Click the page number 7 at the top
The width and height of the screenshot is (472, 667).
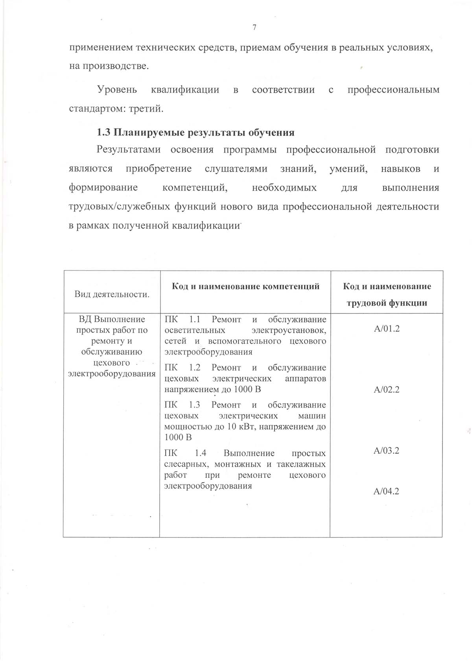point(254,27)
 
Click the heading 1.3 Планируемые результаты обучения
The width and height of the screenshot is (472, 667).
point(195,132)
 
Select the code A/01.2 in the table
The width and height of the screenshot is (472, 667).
point(387,329)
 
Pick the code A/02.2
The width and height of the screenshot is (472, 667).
point(387,390)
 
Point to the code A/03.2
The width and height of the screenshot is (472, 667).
point(386,451)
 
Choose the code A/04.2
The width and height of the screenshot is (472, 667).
point(386,491)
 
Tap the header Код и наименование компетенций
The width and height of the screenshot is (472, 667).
point(245,286)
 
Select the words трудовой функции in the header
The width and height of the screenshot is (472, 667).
point(387,303)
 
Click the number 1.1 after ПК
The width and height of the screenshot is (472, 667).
point(195,319)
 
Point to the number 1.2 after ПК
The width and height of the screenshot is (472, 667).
point(195,367)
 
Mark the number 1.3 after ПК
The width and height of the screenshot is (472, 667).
point(194,405)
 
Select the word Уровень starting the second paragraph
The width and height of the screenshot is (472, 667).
point(117,90)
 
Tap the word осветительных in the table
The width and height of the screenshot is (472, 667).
point(189,330)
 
